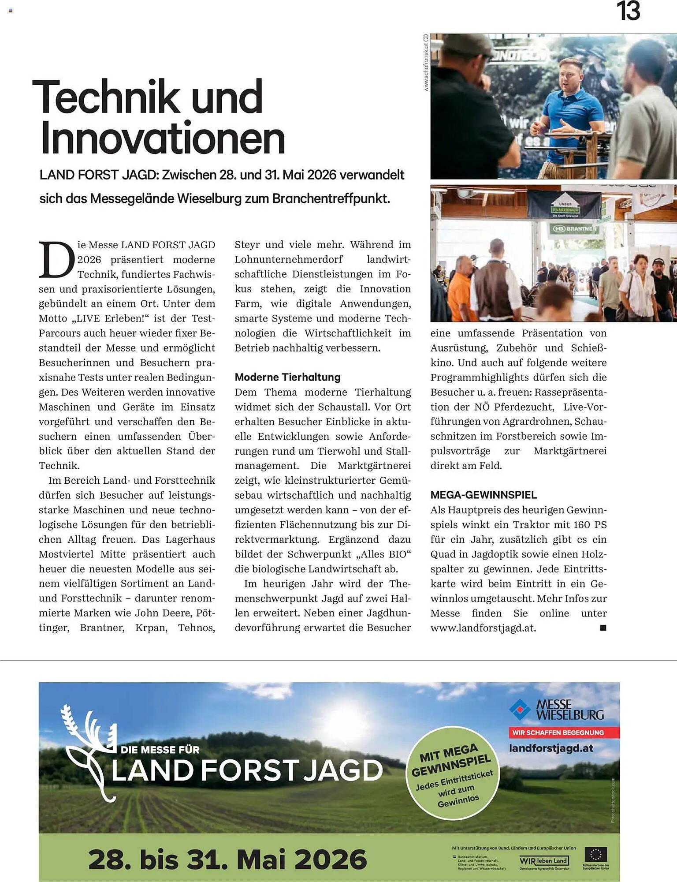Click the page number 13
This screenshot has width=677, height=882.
[x=628, y=11]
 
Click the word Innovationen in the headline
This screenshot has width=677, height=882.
[x=163, y=138]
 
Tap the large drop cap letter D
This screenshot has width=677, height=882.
[x=56, y=260]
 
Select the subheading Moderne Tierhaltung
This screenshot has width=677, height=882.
[x=287, y=377]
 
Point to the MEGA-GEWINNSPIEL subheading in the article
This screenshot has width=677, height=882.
[x=484, y=495]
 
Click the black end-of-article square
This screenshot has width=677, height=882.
[x=603, y=628]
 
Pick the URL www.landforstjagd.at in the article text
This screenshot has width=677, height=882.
[x=483, y=628]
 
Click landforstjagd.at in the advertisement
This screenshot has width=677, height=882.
[x=551, y=748]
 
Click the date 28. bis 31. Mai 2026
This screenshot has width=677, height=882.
[x=227, y=860]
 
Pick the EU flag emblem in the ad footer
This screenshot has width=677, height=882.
[x=595, y=855]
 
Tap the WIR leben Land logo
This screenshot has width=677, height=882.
[x=544, y=860]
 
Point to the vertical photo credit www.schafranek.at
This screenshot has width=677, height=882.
[x=426, y=63]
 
